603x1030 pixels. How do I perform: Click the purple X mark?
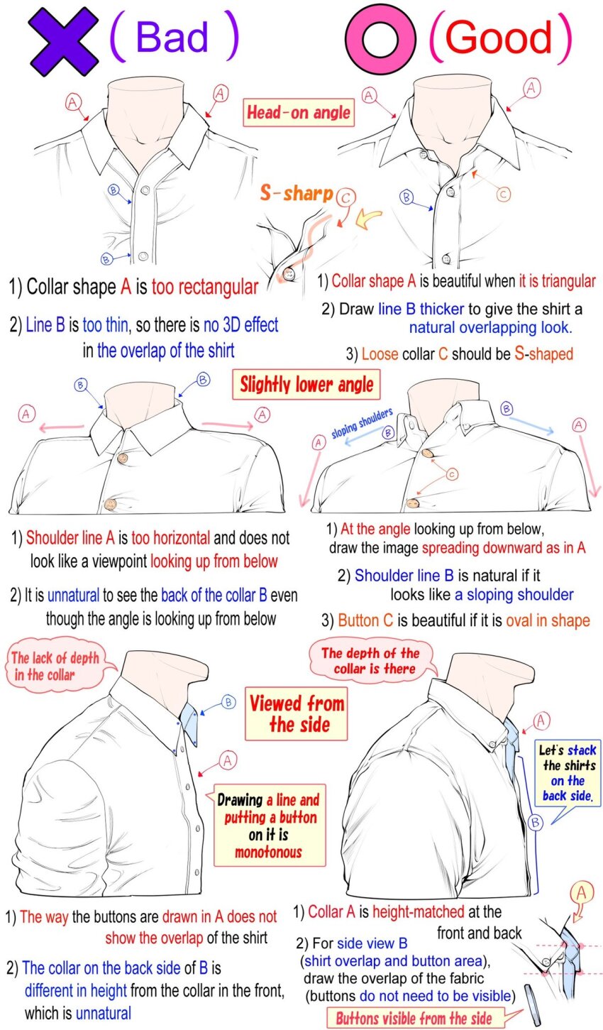63,41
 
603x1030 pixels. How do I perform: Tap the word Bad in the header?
172,37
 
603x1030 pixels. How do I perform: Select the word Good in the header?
499,38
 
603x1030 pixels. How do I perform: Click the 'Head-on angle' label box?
299,113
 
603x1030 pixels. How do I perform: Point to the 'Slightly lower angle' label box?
306,385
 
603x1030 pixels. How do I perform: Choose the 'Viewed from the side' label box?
297,714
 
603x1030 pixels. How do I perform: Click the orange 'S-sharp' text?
296,192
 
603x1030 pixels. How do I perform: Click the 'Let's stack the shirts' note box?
568,773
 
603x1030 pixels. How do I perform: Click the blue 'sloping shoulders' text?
363,422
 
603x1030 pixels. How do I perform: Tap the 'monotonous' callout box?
270,825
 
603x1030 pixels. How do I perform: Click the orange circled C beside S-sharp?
345,198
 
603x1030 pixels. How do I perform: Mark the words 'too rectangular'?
205,287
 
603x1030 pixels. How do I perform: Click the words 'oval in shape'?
548,620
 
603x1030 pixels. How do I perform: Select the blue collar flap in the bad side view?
190,724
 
